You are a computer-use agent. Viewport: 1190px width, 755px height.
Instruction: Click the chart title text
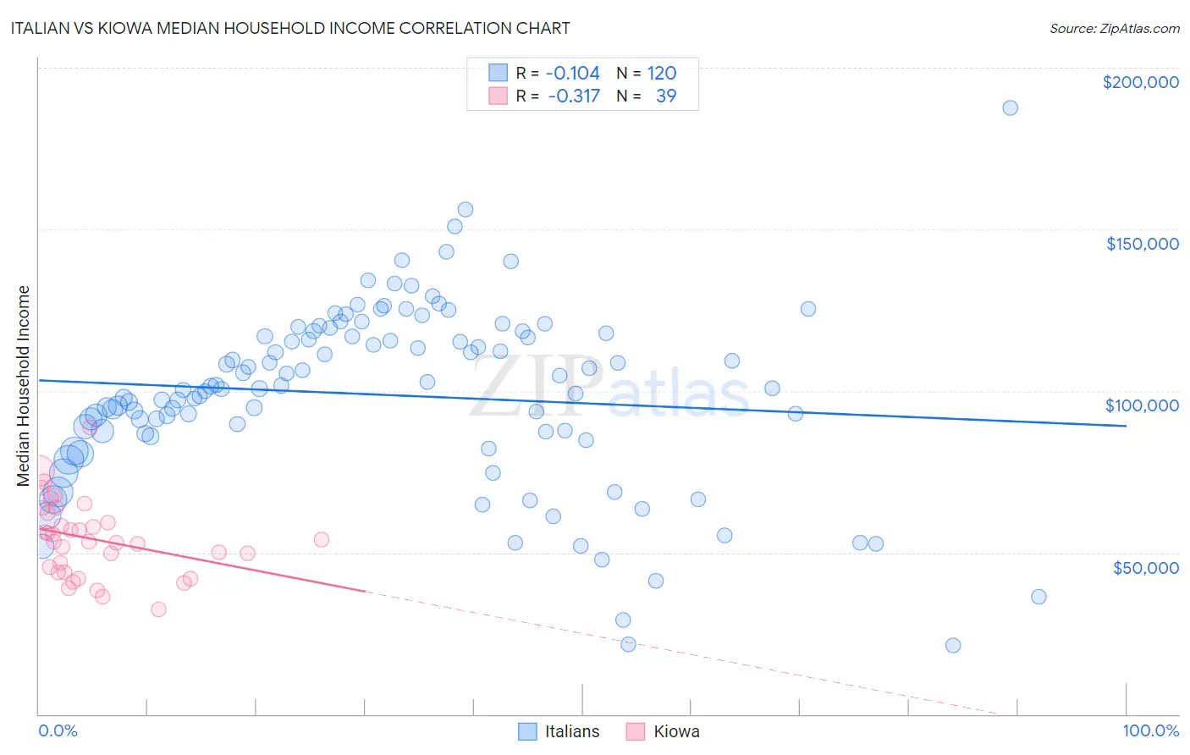click(x=290, y=28)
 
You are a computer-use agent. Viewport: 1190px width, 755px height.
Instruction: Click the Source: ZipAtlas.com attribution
click(x=1114, y=28)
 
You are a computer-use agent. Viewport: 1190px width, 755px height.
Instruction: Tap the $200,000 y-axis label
click(x=1140, y=82)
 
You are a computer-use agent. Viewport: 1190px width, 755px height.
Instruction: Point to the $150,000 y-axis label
click(x=1142, y=244)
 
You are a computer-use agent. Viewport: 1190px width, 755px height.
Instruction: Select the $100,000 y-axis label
click(x=1142, y=405)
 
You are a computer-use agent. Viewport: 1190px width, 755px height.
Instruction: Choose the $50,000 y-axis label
click(x=1145, y=567)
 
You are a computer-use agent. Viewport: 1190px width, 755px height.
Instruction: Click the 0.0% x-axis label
click(x=58, y=730)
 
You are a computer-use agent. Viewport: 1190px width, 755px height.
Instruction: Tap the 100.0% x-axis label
click(x=1150, y=730)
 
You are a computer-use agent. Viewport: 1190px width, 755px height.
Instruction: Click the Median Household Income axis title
click(x=23, y=386)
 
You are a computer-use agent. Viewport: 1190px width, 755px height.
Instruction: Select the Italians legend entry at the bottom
click(x=571, y=731)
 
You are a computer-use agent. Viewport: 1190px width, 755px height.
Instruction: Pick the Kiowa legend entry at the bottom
click(x=676, y=731)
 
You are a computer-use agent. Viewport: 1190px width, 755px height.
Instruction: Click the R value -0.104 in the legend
click(x=572, y=73)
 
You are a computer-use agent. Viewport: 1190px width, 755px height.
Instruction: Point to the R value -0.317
click(x=574, y=96)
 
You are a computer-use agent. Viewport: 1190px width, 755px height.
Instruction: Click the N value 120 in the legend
click(x=661, y=73)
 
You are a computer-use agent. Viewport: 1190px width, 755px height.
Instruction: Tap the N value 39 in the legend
click(x=666, y=96)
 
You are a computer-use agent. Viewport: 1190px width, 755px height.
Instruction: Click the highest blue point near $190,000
click(x=1010, y=107)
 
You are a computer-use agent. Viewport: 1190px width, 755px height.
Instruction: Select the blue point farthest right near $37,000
click(x=1038, y=597)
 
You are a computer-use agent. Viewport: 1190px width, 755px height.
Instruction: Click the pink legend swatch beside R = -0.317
click(x=498, y=96)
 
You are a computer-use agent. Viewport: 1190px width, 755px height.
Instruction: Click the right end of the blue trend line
click(x=1126, y=426)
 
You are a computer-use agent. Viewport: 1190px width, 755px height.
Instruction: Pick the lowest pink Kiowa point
click(x=158, y=609)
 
